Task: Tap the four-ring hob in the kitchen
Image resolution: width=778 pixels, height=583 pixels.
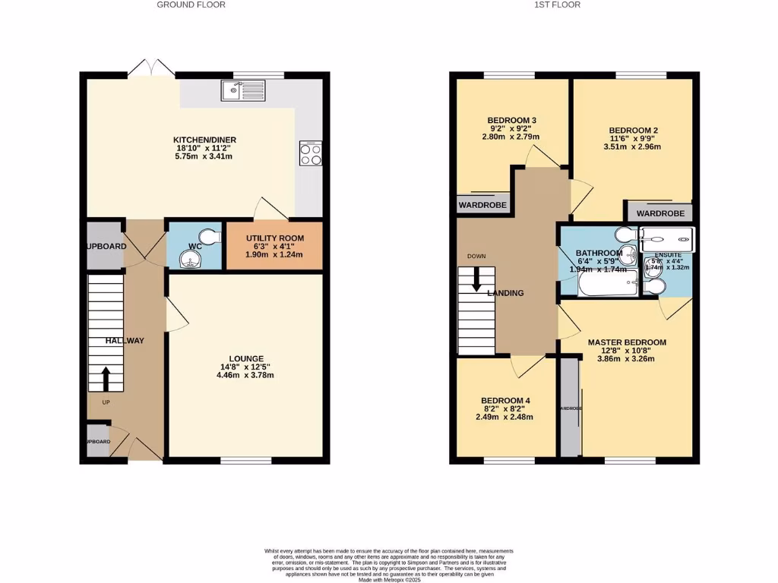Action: [310, 153]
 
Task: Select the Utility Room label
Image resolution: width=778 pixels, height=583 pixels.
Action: [274, 238]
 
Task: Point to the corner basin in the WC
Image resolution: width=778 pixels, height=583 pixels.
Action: [187, 259]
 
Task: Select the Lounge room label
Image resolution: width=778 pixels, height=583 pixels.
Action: [246, 358]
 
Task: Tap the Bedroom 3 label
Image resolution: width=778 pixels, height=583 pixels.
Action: [511, 120]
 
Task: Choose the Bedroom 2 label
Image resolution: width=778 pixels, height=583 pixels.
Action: [632, 130]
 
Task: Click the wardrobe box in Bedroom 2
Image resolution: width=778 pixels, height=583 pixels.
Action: [659, 213]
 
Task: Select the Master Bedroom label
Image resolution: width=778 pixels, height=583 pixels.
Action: [627, 342]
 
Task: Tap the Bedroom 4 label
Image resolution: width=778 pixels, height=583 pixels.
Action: [504, 400]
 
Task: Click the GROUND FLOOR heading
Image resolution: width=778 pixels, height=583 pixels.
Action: [191, 5]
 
